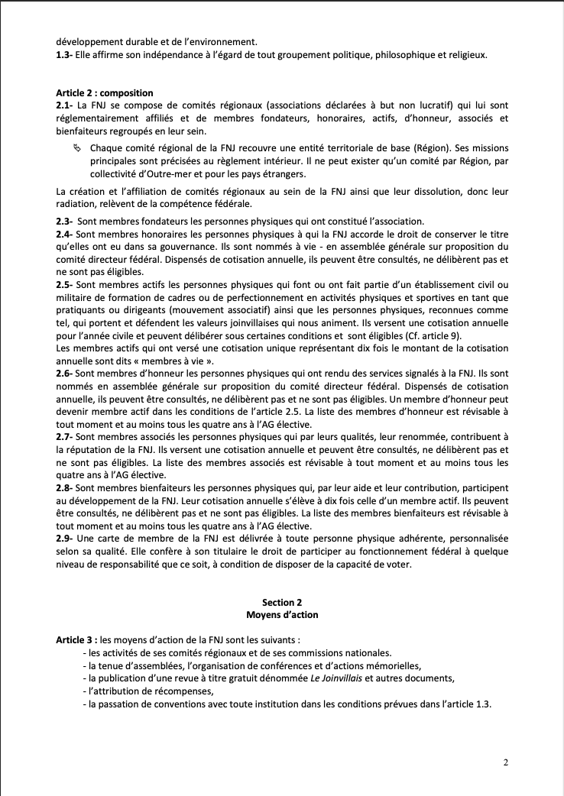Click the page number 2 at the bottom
pyautogui.click(x=506, y=762)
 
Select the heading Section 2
pyautogui.click(x=282, y=602)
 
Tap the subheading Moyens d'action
pyautogui.click(x=282, y=614)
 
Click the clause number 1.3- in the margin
pyautogui.click(x=65, y=54)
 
